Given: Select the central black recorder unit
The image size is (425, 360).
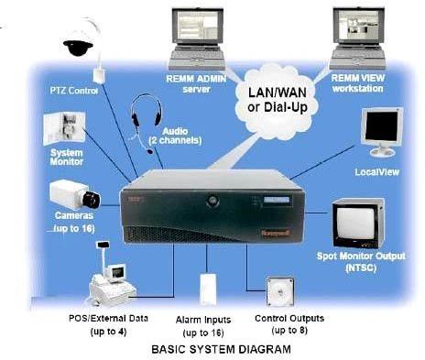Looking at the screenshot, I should coord(214,218).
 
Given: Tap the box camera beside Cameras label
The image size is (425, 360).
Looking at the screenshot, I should coord(77,195).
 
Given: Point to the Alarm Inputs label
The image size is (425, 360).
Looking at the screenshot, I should coord(206,324).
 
